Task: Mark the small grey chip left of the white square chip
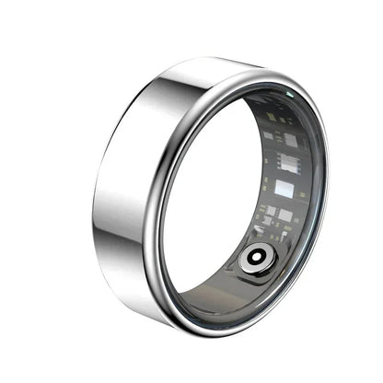[x=267, y=135]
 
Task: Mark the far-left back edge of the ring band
[x=94, y=193]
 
